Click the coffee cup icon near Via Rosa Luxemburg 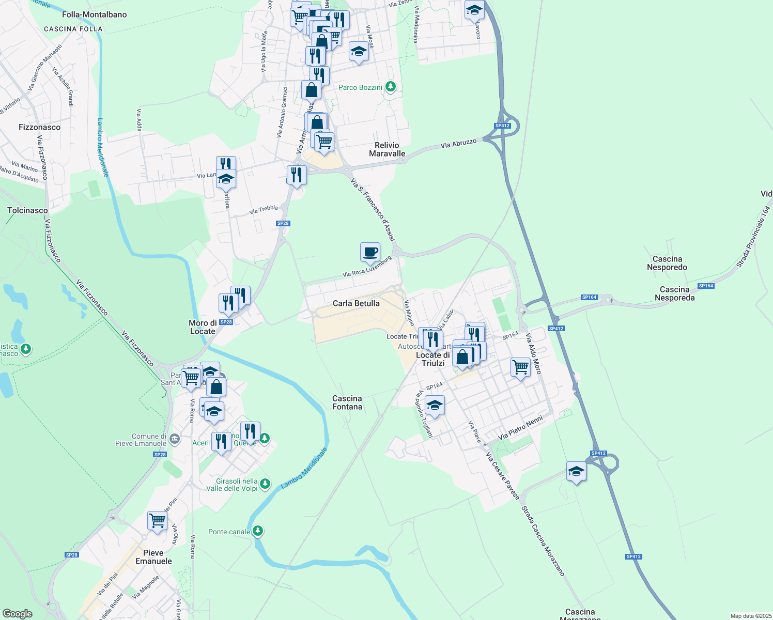(370, 252)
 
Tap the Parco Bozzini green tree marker (391, 87)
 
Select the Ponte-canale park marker (258, 531)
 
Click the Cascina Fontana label (347, 402)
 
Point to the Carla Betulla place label (356, 303)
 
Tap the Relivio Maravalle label (387, 149)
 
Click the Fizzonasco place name (39, 127)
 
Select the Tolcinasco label (27, 210)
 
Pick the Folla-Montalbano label (94, 14)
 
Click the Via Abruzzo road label (459, 143)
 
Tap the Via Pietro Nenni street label (520, 428)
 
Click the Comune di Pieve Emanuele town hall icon (175, 439)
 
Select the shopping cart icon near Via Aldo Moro (520, 367)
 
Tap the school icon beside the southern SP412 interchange (576, 471)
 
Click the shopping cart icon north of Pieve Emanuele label (157, 521)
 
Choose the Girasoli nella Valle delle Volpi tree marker (265, 484)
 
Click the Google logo (18, 614)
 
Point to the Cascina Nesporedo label (667, 263)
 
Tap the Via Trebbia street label (264, 209)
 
